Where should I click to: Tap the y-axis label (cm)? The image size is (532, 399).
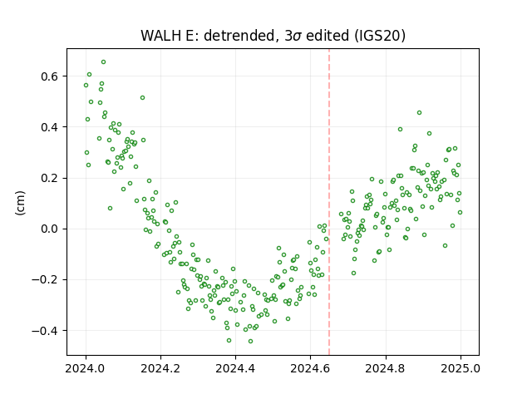coord(20,203)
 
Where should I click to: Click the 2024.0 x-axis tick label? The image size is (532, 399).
coord(86,368)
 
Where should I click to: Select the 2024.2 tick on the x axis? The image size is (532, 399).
coord(160,368)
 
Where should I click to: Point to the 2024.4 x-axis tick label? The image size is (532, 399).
coord(235,368)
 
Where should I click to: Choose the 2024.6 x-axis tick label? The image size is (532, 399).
coord(310,368)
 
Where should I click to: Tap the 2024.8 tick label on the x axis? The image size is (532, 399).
coord(386,368)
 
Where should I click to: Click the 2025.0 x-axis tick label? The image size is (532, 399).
coord(461,368)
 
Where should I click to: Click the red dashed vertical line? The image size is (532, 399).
coord(329,202)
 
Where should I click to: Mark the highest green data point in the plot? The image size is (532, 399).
coord(103,62)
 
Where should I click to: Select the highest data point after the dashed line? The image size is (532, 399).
coord(419,113)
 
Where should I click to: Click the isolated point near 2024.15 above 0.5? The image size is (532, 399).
coord(142,98)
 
